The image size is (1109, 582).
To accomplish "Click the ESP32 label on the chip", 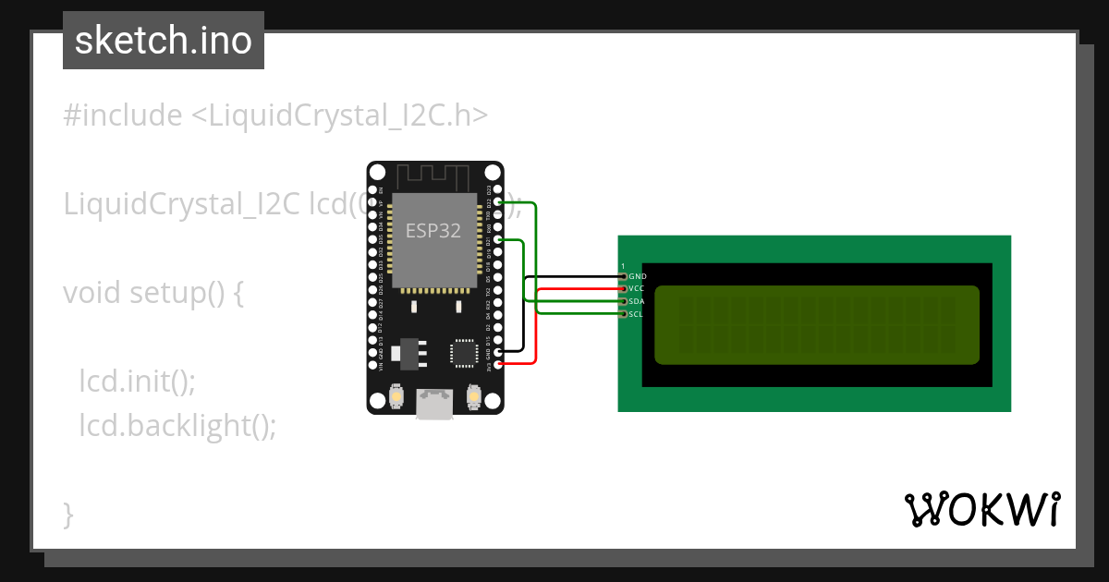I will (x=433, y=231).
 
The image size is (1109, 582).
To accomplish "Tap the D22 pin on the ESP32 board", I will (x=499, y=202).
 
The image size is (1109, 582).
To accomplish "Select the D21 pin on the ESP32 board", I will (x=499, y=240).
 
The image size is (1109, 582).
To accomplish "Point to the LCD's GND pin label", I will (x=638, y=276).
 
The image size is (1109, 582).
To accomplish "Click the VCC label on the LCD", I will (x=636, y=289).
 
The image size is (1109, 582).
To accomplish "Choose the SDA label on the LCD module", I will (x=636, y=302).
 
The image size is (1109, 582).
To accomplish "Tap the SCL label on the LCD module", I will (x=636, y=315).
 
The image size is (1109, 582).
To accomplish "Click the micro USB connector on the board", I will (x=434, y=405).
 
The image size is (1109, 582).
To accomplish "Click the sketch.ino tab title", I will (x=164, y=41).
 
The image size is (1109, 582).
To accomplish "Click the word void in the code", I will (x=92, y=293).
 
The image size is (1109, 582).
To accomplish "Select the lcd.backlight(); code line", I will (x=177, y=426).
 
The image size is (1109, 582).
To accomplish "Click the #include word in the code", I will (x=123, y=115).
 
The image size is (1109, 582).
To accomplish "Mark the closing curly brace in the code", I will (x=68, y=514).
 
